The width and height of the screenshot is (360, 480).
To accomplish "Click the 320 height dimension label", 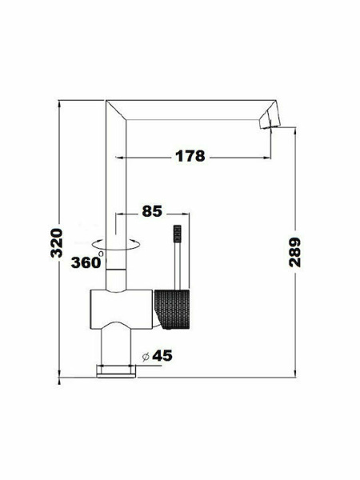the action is point(57,242).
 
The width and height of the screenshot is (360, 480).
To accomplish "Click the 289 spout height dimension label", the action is point(294,252).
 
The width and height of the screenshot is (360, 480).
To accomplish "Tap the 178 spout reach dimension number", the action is point(190,156).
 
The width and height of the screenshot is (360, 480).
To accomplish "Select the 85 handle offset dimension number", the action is point(152,211).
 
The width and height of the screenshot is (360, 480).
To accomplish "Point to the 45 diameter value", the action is point(162,355).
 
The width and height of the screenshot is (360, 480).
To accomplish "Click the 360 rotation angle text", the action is point(86,262).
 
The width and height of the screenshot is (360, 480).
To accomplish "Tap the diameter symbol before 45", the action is point(146,357).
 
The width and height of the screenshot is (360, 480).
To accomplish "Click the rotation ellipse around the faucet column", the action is point(116,244).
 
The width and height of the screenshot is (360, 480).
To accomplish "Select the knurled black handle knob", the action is point(172,309).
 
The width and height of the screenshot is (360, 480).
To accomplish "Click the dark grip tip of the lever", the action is point(178,234).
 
